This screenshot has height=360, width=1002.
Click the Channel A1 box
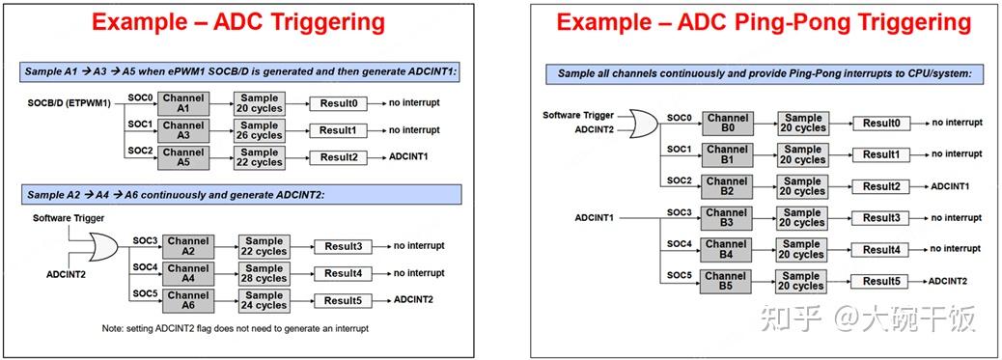183,103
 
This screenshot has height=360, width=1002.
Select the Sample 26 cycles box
260,130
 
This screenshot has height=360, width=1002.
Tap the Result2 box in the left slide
338,157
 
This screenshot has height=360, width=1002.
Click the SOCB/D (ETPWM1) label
69,101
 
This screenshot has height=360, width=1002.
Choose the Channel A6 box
187,300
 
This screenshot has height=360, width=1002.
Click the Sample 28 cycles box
264,274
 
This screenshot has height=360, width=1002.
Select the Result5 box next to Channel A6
343,300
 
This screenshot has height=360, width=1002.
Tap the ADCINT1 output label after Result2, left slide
410,157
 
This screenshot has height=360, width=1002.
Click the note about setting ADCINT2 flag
236,329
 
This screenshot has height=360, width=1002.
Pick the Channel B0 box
727,123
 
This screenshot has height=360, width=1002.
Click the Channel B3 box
727,218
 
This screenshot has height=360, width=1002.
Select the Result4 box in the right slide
880,250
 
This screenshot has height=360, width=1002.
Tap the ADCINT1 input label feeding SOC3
595,218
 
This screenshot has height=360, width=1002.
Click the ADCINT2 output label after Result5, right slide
948,281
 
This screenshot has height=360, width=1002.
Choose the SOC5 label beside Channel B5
679,276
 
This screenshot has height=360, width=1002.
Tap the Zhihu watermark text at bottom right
869,317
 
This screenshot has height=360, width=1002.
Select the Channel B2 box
727,186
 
